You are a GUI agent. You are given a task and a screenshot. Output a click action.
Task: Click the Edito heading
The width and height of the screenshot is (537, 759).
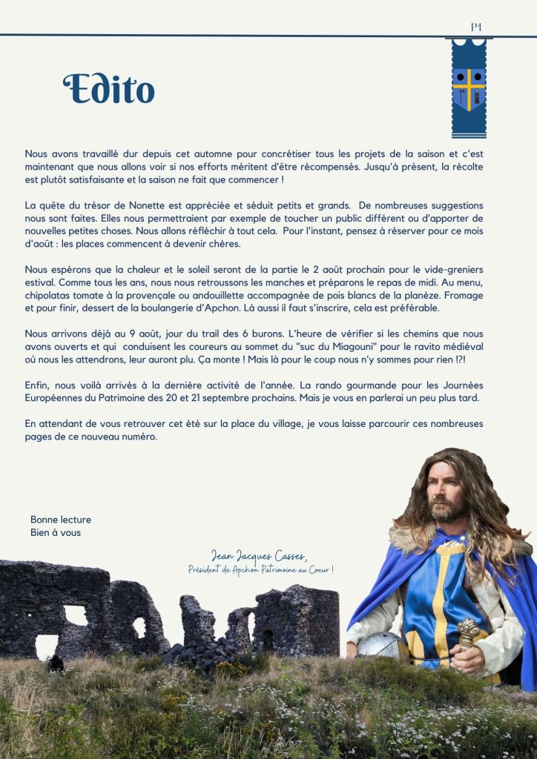(x=109, y=89)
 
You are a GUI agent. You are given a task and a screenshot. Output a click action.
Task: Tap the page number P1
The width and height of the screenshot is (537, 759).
(x=476, y=27)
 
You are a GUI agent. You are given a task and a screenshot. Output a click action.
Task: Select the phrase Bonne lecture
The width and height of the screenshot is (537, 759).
(x=61, y=520)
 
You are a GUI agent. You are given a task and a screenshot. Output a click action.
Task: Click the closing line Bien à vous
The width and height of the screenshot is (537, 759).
(x=56, y=532)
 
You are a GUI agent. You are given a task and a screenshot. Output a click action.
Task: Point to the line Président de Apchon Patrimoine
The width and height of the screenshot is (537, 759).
(x=260, y=569)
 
